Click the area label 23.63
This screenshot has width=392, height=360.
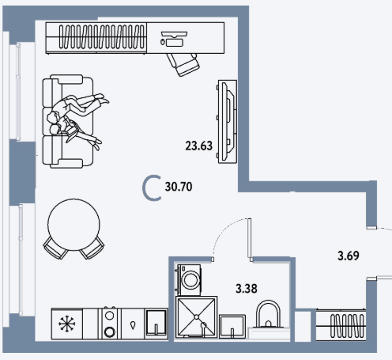[199, 146]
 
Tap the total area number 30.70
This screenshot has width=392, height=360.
[179, 187]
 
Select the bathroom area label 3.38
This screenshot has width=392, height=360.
[247, 289]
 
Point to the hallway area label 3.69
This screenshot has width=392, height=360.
[349, 256]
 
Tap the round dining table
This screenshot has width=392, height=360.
[73, 225]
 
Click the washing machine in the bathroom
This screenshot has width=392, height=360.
[189, 279]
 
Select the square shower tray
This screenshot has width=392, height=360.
[197, 316]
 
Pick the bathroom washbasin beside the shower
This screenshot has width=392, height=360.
[232, 326]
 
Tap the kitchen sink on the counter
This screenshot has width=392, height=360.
[156, 324]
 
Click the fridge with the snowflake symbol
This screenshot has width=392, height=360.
[67, 324]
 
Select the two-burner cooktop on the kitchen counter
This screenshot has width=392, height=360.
[110, 324]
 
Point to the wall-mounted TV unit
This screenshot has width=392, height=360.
[228, 122]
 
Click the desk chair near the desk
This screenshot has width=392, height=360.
[183, 64]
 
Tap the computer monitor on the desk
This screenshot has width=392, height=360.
[174, 34]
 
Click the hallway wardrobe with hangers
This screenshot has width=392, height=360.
[341, 325]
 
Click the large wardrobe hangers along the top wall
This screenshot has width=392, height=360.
[102, 37]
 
